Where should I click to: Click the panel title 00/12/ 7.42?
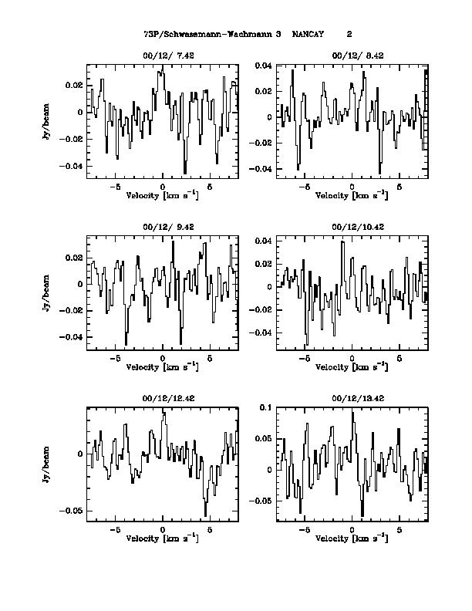(x=163, y=56)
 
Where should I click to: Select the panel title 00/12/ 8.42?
(x=352, y=56)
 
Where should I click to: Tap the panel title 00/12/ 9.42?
(x=163, y=228)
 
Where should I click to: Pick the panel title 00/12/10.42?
(x=352, y=228)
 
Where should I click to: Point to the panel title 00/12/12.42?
(x=163, y=398)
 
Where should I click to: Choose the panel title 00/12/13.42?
(x=352, y=398)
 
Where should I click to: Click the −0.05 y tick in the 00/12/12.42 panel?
(x=72, y=511)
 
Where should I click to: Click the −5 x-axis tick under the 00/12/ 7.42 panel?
(x=115, y=187)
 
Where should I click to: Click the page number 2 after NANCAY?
(x=349, y=35)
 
